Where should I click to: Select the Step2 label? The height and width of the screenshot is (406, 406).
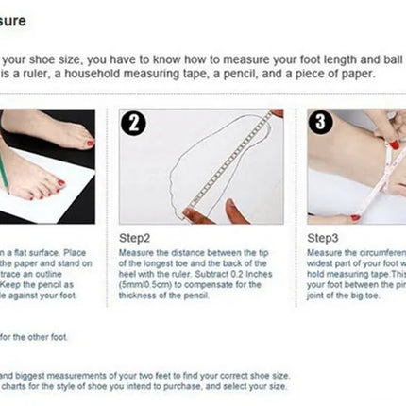pos(137,240)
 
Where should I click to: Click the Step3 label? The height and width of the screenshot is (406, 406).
pos(323,240)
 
